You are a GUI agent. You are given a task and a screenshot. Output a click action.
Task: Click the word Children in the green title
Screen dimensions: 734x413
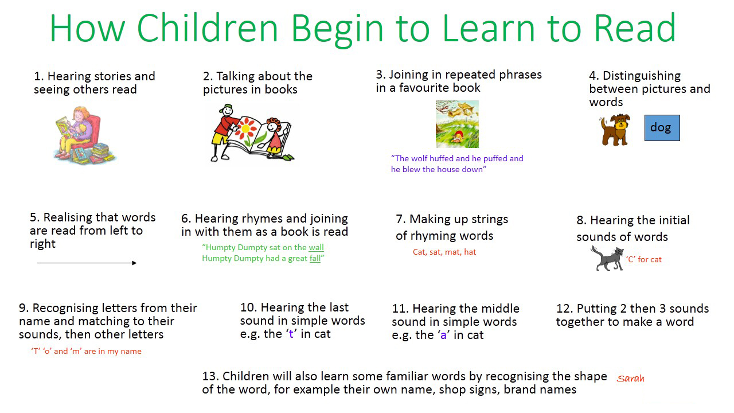pos(207,28)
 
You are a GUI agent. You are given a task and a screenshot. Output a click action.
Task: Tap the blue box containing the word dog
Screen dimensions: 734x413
pos(662,128)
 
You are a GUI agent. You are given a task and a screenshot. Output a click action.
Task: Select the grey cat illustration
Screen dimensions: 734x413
pos(607,258)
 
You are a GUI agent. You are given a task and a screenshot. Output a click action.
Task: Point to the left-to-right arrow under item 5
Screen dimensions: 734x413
pos(87,263)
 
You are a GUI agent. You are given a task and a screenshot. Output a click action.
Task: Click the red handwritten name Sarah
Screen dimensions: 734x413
pos(630,379)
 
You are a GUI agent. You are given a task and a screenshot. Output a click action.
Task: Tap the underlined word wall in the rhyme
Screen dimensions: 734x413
pos(316,247)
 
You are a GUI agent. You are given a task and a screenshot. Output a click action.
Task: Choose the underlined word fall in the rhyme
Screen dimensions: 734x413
pos(315,258)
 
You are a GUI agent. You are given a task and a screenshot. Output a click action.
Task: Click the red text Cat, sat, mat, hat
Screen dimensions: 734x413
pos(444,252)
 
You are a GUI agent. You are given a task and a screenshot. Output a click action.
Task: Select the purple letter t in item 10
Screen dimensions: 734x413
pos(291,334)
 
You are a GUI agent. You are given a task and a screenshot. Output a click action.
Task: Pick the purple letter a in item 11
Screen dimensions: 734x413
pos(444,336)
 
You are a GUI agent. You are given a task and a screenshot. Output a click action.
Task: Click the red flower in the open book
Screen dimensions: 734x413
pos(248,129)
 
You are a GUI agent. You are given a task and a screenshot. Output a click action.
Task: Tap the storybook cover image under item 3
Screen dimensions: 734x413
pos(457,124)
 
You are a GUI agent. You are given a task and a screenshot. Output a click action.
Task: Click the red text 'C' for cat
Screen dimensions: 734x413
pos(644,260)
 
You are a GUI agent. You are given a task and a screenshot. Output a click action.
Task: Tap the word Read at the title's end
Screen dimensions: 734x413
pos(635,28)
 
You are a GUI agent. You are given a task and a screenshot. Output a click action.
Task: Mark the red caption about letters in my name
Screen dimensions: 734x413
pos(87,352)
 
